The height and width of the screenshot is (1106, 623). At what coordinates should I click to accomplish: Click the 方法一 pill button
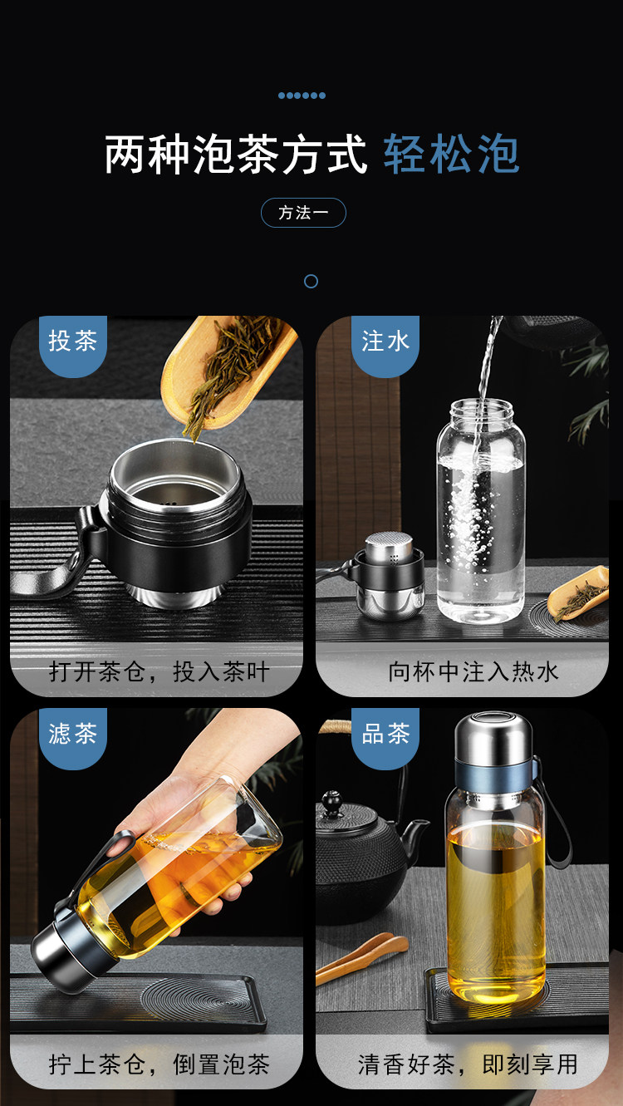(x=303, y=213)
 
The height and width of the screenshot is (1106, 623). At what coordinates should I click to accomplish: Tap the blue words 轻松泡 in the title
(x=451, y=154)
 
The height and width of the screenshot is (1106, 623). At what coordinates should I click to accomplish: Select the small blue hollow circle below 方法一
(x=311, y=282)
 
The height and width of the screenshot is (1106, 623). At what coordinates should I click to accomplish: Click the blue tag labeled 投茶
(x=73, y=345)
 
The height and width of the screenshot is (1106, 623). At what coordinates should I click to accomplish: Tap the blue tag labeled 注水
(x=385, y=345)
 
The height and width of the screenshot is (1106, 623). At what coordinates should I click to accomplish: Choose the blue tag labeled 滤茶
(x=73, y=738)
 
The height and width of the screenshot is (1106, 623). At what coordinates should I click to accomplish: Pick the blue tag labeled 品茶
(x=385, y=738)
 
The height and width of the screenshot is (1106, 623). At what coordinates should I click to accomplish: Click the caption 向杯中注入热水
(x=473, y=672)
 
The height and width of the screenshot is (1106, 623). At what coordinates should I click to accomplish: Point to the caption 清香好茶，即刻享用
(x=468, y=1064)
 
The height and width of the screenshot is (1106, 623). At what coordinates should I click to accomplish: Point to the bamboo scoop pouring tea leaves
(x=228, y=371)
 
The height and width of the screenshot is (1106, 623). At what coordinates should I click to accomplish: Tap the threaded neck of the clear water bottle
(x=481, y=410)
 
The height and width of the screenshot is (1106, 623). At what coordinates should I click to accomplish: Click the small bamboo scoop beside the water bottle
(x=579, y=592)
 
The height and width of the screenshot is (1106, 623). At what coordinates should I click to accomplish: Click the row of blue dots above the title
(x=302, y=96)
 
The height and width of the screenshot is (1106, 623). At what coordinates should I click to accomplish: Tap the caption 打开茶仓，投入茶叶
(x=159, y=672)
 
